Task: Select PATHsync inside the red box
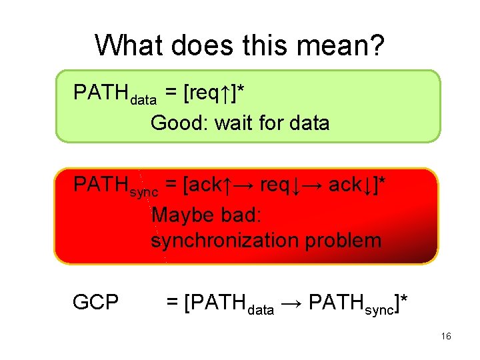(115, 185)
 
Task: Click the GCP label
(95, 303)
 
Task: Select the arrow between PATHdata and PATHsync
(293, 304)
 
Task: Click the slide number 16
(446, 337)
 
